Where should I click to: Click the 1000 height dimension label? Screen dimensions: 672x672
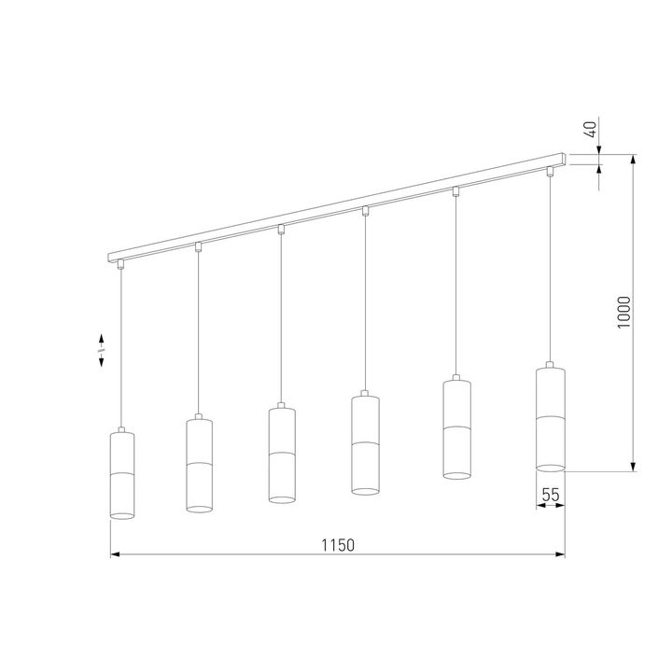pos(624,313)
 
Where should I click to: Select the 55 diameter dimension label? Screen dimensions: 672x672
pos(551,497)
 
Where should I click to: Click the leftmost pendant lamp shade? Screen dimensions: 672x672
pos(123,474)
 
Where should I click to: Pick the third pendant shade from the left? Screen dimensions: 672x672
pos(281,455)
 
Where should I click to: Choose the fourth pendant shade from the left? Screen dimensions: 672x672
pos(364,443)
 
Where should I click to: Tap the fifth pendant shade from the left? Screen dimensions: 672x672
pos(455,428)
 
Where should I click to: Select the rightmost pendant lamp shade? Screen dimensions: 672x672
pos(550,418)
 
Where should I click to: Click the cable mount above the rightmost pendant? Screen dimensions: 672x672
pos(550,172)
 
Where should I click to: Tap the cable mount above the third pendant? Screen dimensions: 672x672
pos(281,230)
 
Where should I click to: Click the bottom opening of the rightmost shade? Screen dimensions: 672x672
pos(550,465)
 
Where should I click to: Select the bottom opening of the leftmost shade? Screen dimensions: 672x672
pos(123,516)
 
